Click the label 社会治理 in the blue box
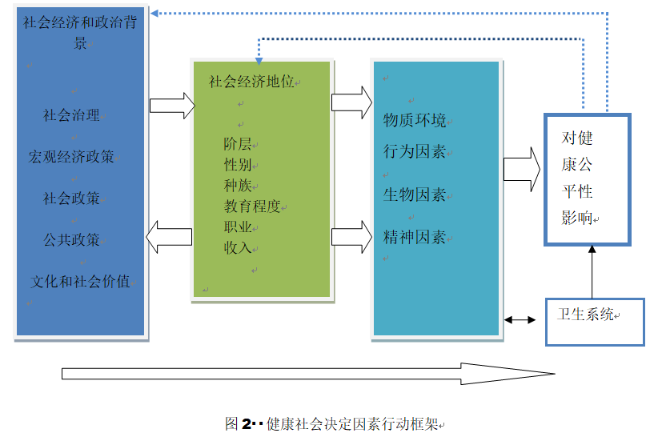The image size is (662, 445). (x=72, y=115)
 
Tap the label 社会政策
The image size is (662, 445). (x=72, y=198)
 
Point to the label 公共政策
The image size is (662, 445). (x=72, y=240)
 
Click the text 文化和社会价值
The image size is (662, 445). (x=80, y=282)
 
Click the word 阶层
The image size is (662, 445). (x=238, y=144)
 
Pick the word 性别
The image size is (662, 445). (x=238, y=165)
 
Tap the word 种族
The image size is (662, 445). (x=238, y=186)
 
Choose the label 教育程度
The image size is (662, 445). (x=252, y=206)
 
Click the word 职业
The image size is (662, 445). (x=238, y=227)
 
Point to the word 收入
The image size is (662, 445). (x=238, y=248)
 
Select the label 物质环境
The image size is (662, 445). (x=415, y=121)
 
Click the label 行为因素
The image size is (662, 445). (x=415, y=152)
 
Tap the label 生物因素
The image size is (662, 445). (x=415, y=194)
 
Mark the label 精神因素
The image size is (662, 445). (x=415, y=237)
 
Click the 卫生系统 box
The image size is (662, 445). (x=594, y=322)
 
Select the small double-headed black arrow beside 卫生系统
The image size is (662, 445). (x=520, y=320)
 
